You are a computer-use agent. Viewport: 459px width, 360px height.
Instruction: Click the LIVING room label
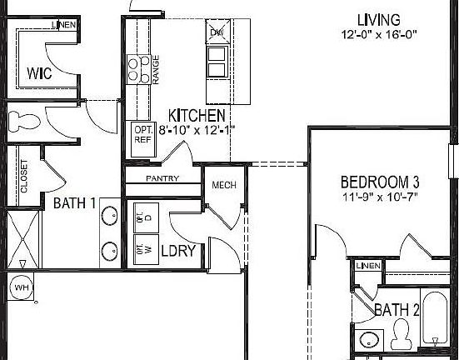tap(377, 19)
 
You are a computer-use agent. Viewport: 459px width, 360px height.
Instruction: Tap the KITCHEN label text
tap(196, 115)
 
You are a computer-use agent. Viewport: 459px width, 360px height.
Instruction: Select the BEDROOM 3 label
tap(379, 182)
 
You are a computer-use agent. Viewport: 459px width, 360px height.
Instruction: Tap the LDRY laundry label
tap(177, 249)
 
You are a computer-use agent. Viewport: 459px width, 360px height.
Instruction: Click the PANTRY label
tap(163, 178)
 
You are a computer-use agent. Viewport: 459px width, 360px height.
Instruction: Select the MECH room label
tap(222, 185)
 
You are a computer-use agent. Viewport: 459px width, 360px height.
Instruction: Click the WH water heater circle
tap(21, 287)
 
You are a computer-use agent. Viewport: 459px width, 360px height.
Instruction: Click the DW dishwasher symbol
tap(217, 32)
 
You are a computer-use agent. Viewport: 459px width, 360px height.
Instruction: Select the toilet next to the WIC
tap(24, 122)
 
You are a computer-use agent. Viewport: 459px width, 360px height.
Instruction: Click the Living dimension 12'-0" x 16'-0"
tap(377, 36)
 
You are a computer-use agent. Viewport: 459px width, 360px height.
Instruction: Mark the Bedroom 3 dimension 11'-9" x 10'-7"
tap(379, 197)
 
